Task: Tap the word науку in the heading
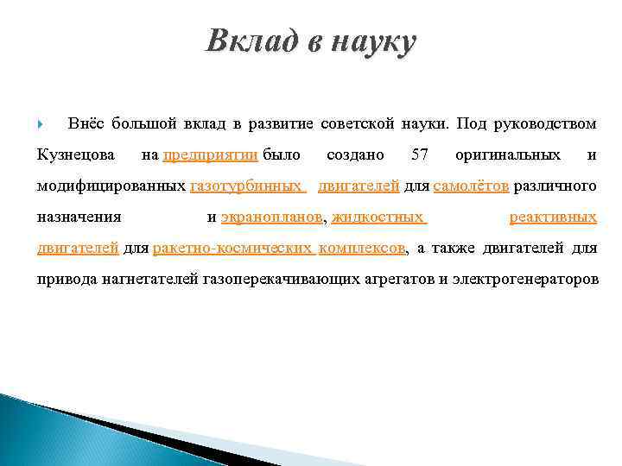(369, 41)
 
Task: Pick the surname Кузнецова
(76, 155)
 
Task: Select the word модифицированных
(111, 186)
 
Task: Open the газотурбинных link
(246, 186)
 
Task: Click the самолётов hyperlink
(472, 186)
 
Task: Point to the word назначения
(79, 217)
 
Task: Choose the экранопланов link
(270, 217)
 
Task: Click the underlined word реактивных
(553, 217)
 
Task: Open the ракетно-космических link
(232, 249)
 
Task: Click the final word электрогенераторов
(526, 280)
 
